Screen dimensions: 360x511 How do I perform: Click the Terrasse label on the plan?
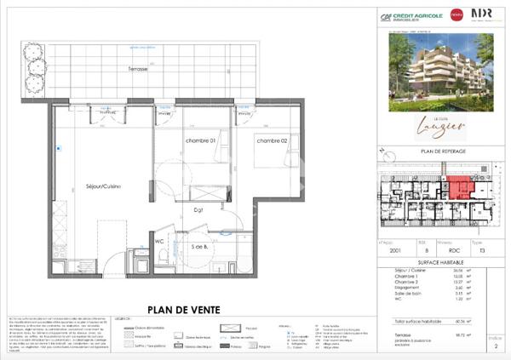tap(139, 68)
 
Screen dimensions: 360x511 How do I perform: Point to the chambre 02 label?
tap(273, 140)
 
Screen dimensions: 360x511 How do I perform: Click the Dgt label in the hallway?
tap(198, 208)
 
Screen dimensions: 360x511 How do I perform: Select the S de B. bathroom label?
tap(202, 247)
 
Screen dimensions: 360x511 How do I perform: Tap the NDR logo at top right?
tap(481, 15)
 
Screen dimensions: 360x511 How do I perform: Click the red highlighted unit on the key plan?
tap(460, 188)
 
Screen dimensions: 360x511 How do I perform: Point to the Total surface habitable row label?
tap(417, 322)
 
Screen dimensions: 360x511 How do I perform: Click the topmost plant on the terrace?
tap(35, 48)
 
